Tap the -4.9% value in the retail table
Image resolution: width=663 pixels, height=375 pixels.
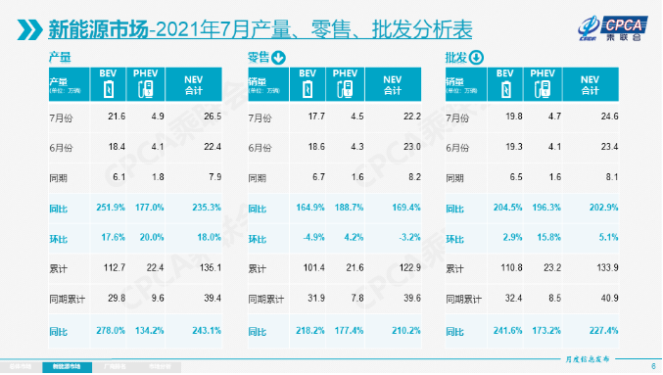[x=308, y=236]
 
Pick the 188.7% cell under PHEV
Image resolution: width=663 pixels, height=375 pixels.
[x=345, y=209]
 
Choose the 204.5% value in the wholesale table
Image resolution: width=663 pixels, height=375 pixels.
[x=506, y=209]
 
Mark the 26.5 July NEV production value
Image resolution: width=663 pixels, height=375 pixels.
[x=196, y=117]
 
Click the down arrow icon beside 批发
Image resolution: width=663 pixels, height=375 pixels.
[x=478, y=59]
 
